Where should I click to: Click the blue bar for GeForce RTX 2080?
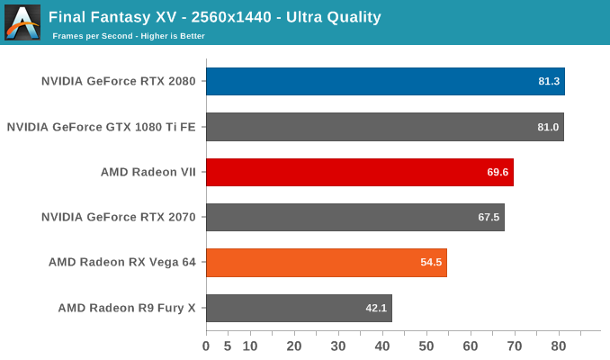(385, 81)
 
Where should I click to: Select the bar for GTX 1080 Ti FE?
(384, 127)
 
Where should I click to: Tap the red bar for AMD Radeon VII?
(359, 172)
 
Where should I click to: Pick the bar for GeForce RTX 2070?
(354, 217)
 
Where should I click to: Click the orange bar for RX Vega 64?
(326, 263)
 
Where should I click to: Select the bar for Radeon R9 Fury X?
(299, 308)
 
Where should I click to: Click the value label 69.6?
(498, 172)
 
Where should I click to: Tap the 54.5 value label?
(431, 263)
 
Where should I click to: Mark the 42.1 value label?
(376, 309)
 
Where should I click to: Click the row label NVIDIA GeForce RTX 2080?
(119, 81)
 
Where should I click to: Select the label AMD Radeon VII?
(148, 172)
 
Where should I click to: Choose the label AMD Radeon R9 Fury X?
(127, 308)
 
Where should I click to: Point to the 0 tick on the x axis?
(206, 346)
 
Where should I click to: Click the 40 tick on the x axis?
(382, 346)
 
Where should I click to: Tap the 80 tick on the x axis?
(559, 346)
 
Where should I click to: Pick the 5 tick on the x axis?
(228, 346)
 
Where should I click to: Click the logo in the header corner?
(22, 22)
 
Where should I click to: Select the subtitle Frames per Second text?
(129, 36)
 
